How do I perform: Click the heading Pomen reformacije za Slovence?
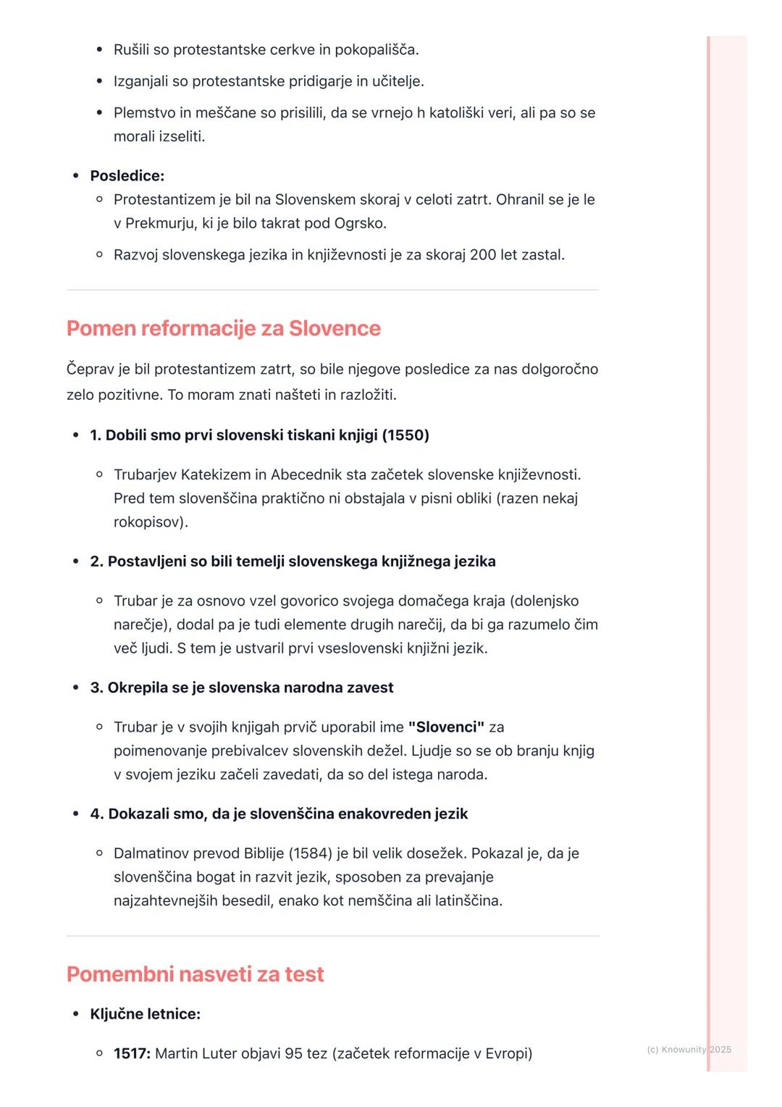point(223,328)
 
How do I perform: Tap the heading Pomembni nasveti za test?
point(195,974)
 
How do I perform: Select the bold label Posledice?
point(127,176)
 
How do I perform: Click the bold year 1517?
point(132,1053)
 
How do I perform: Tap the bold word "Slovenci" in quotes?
point(446,727)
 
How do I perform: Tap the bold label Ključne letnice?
point(145,1014)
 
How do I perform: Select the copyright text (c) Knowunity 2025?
point(689,1050)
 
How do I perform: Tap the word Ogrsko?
point(359,223)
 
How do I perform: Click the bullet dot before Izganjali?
point(99,81)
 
